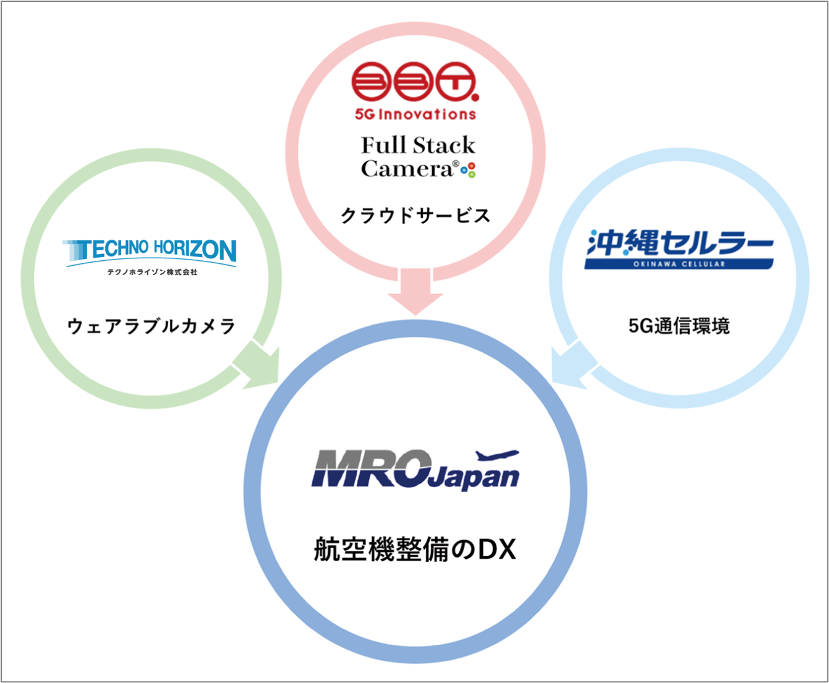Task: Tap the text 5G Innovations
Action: tap(415, 114)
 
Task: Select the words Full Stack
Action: tap(418, 146)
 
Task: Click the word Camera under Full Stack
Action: tap(406, 169)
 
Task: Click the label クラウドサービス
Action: tap(415, 216)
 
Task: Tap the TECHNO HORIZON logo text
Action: tap(151, 250)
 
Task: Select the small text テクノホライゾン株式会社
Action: tap(152, 272)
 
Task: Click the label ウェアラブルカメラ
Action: tap(151, 326)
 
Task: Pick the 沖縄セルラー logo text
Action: tap(679, 243)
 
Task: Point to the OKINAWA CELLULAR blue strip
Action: tap(679, 264)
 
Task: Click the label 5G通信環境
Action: tap(679, 326)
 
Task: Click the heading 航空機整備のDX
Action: tap(415, 549)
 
